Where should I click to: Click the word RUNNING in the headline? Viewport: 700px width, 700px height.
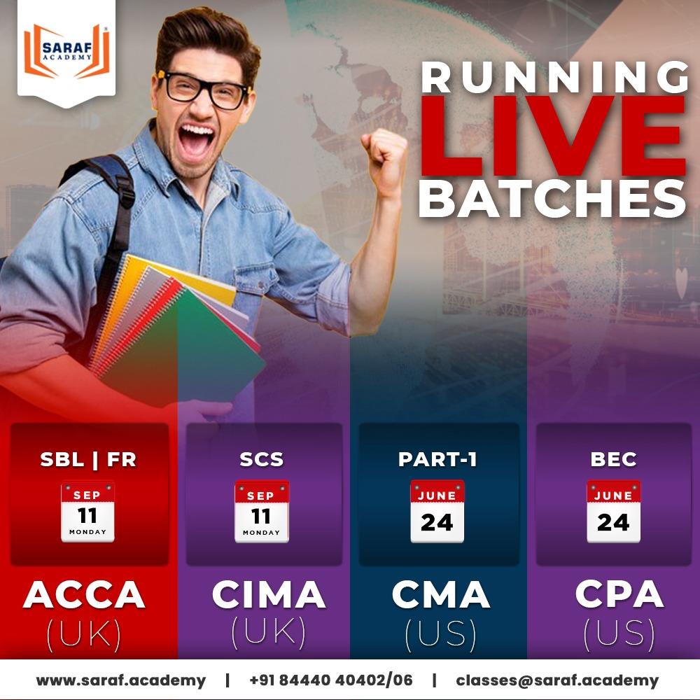point(553,77)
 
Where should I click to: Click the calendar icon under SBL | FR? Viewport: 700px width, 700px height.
point(87,511)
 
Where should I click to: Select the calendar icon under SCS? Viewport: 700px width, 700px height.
point(261,511)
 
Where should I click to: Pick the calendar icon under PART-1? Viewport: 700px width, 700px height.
point(437,511)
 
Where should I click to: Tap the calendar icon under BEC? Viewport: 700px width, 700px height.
point(613,511)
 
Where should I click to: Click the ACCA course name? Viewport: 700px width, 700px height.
point(84,595)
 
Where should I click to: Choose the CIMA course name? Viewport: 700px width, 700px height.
point(269,595)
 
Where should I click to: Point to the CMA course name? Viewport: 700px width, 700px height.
point(440,595)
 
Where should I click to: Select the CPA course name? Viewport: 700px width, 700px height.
point(619,595)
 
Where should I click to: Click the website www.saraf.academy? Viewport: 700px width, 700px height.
point(121,680)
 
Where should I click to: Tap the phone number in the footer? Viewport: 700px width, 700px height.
point(330,680)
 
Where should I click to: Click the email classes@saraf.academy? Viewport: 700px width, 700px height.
point(557,680)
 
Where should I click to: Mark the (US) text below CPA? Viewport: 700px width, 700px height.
point(619,634)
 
